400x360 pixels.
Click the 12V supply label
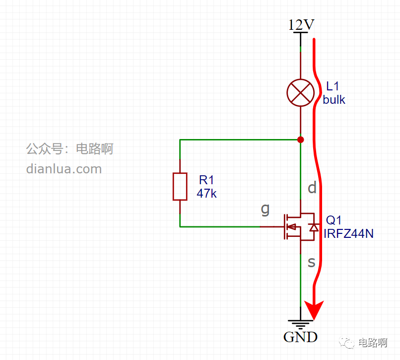301,25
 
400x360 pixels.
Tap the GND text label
301,337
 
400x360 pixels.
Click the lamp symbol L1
301,93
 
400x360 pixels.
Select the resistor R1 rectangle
180,186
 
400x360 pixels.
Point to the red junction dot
301,140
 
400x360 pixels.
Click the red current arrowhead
314,309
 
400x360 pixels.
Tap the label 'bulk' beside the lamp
334,100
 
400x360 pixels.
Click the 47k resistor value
206,193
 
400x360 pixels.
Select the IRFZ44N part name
348,233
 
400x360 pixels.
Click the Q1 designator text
333,220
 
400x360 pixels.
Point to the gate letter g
266,210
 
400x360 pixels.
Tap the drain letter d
312,187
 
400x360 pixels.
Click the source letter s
312,262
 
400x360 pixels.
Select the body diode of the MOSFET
314,227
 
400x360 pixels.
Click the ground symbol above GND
301,324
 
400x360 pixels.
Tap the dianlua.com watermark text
64,169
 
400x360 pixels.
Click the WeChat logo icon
346,343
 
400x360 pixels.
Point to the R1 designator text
206,180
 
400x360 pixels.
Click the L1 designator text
333,86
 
